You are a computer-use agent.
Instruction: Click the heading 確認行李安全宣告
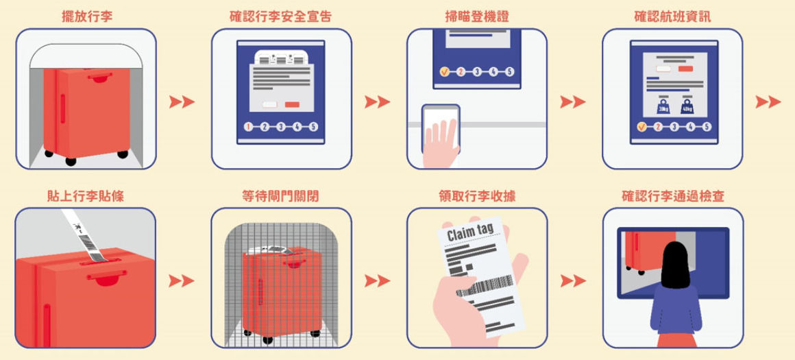281,16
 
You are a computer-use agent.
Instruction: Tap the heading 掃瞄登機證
476,16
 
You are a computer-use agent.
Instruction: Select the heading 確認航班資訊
672,16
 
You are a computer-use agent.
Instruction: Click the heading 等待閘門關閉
281,196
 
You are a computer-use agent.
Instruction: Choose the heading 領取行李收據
476,196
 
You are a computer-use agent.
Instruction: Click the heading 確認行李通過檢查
672,196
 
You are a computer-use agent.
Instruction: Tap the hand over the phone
441,141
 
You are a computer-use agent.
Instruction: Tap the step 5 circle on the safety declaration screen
313,127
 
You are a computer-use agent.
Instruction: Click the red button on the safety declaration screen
293,105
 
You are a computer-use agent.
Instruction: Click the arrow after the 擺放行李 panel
182,102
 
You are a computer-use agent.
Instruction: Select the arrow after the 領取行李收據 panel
573,280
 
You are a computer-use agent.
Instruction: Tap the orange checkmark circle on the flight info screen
641,127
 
